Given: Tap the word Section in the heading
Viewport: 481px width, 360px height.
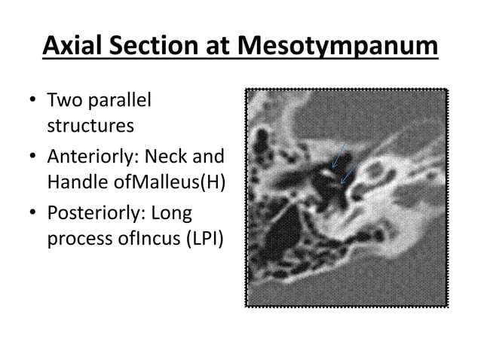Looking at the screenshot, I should [x=152, y=47].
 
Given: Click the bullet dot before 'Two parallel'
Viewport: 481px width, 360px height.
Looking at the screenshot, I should [x=32, y=101].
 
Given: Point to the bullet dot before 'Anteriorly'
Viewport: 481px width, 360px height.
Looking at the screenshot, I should [x=32, y=159].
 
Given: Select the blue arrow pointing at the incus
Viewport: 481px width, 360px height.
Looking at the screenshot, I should [x=348, y=175].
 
